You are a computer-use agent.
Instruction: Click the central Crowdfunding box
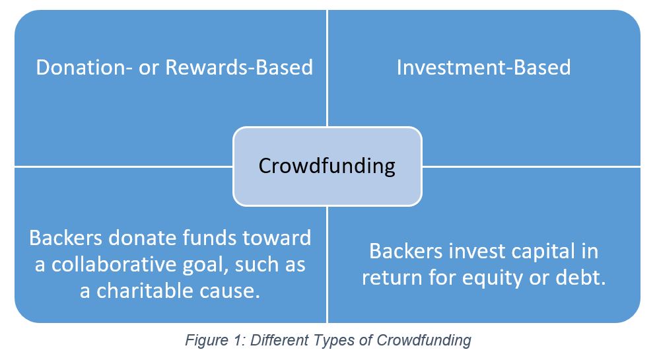pos(328,166)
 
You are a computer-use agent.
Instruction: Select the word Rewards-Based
pos(239,67)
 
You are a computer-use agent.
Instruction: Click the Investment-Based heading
pos(483,67)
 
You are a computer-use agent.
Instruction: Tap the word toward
pos(277,238)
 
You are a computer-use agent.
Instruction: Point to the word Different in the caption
pos(279,340)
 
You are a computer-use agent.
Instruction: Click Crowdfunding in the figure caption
pos(424,341)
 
